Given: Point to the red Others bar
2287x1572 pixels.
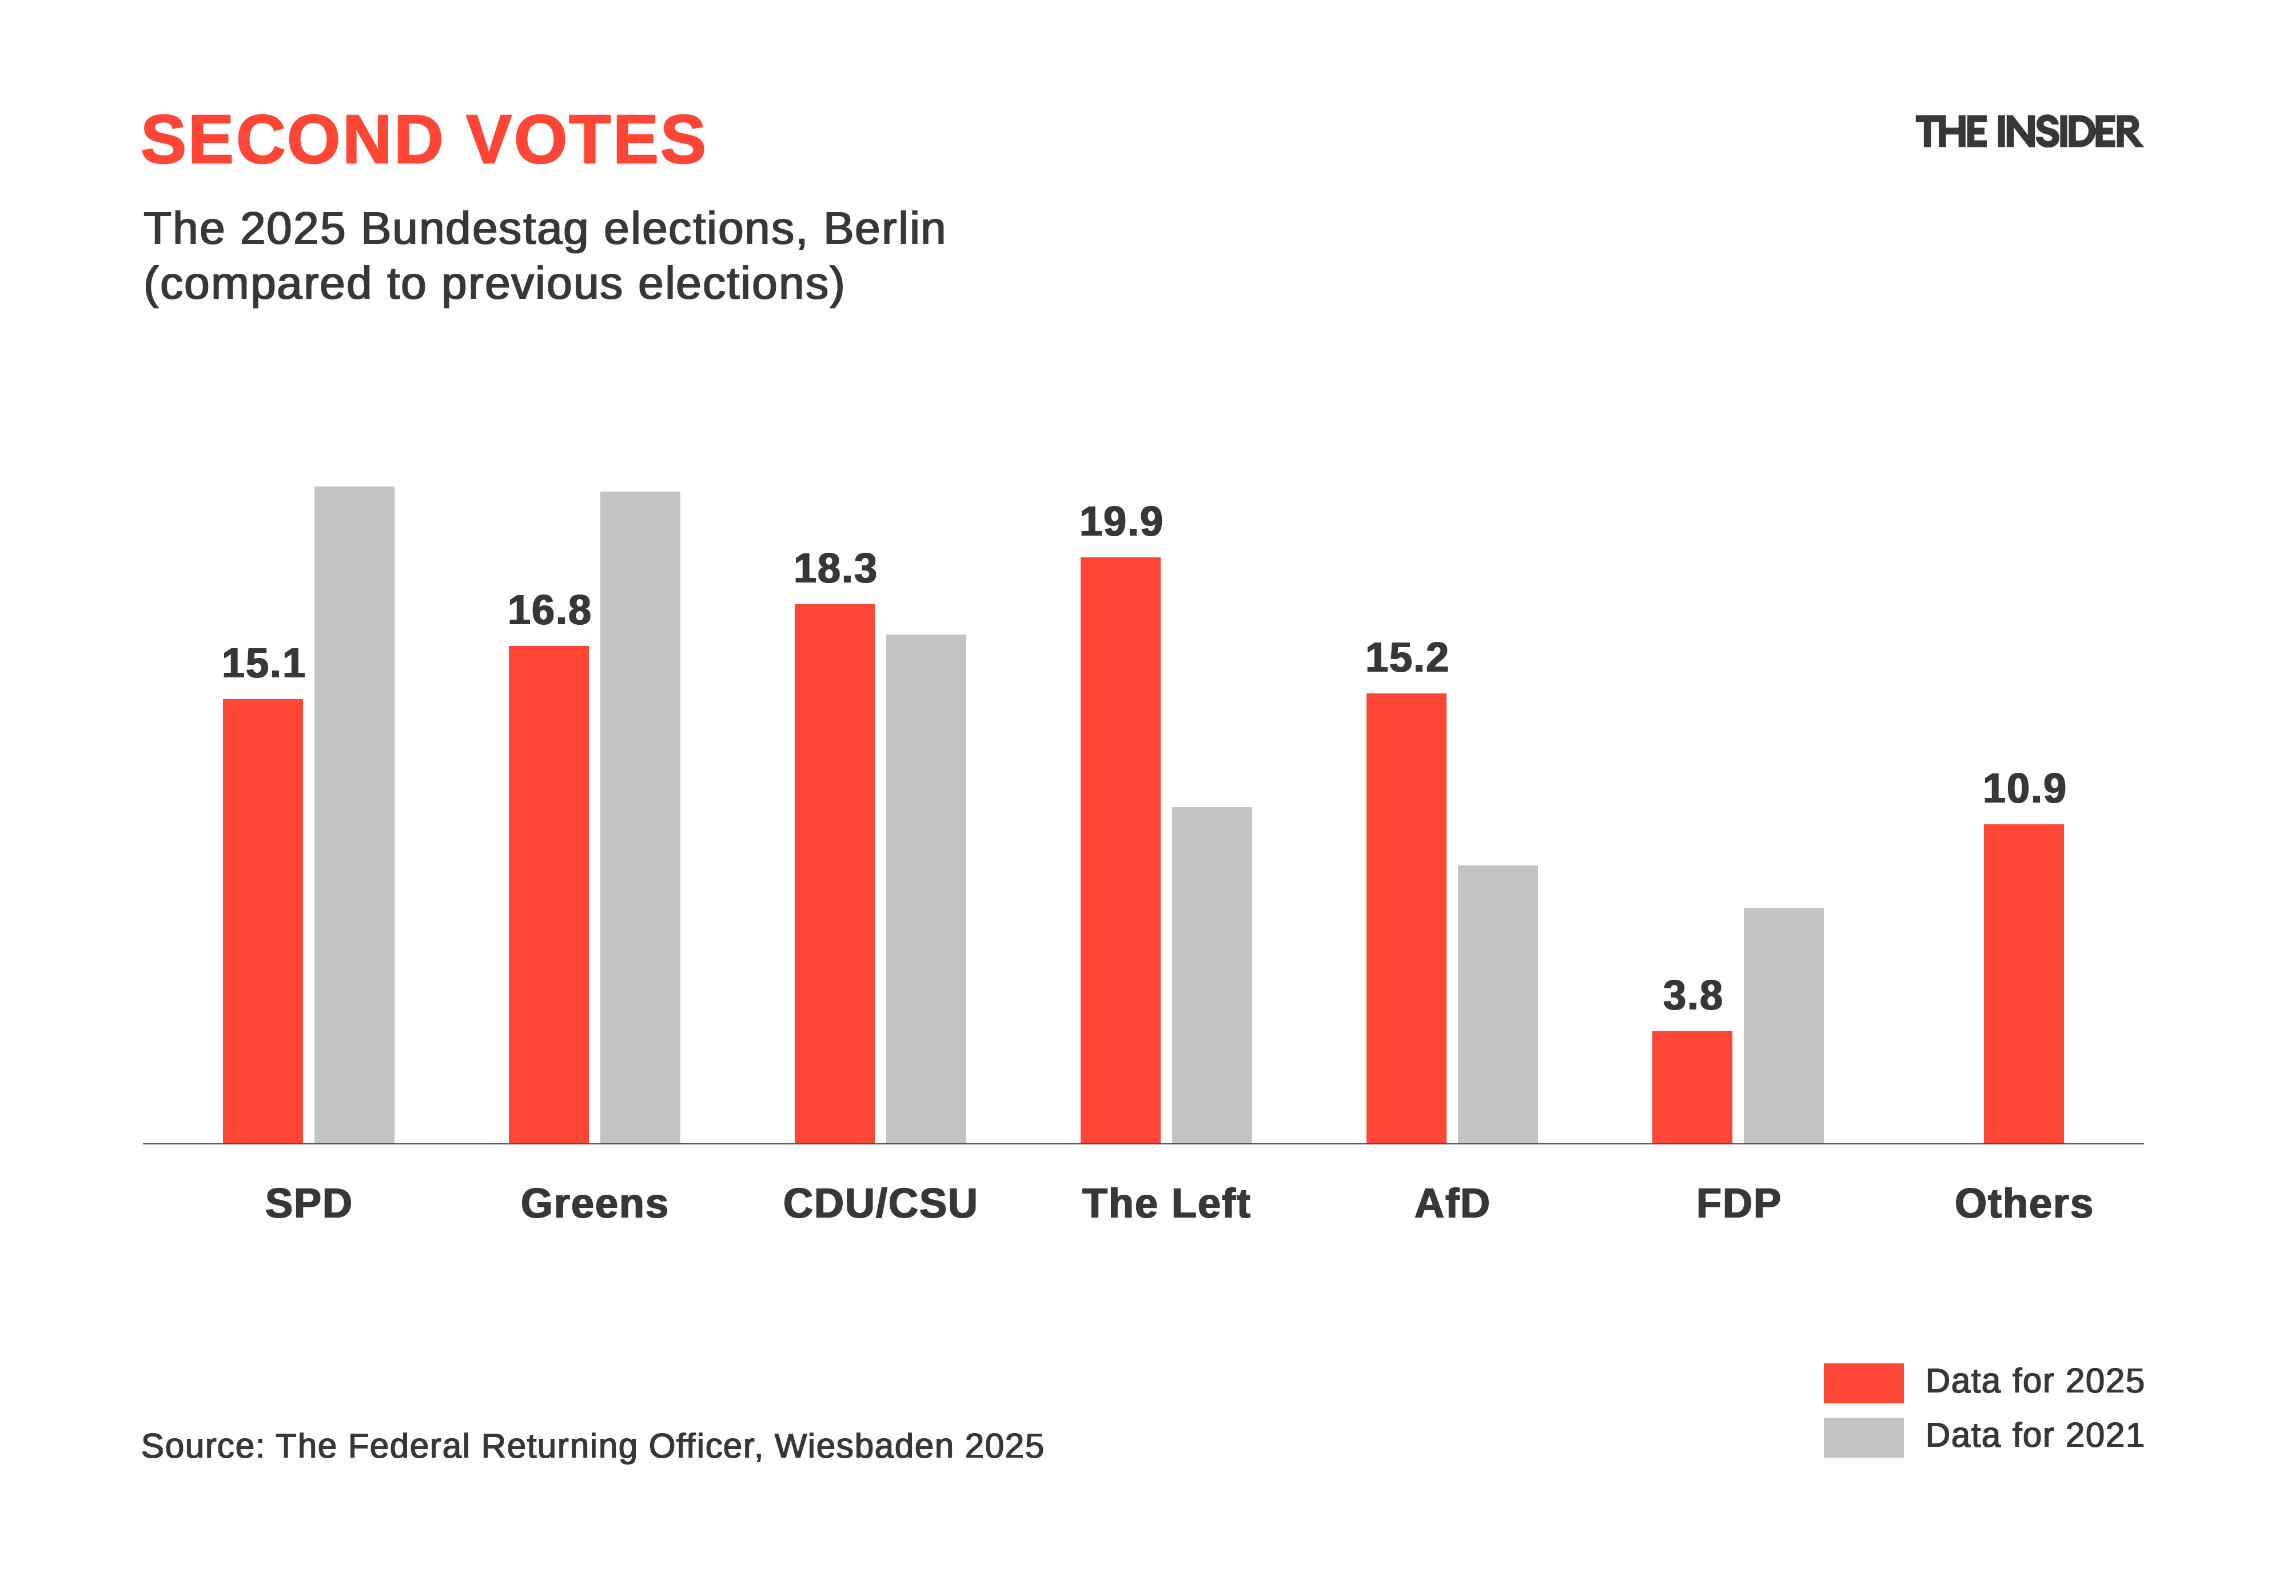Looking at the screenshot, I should click(x=2023, y=983).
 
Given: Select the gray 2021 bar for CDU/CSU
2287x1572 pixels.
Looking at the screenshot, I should click(x=925, y=888).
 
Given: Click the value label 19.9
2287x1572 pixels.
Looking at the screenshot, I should click(x=1121, y=522).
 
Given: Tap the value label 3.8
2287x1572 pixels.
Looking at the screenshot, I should click(x=1692, y=996).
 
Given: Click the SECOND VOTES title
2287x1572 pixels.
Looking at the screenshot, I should click(x=424, y=140).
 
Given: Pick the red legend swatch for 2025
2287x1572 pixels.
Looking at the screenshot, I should click(x=1863, y=1382).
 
